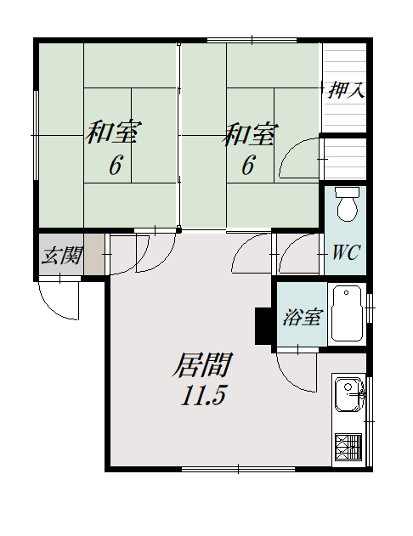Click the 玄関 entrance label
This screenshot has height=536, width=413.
tap(61, 254)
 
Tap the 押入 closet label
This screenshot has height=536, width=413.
tap(347, 91)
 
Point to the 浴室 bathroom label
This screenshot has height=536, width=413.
tap(302, 318)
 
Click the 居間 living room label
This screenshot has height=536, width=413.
tap(202, 365)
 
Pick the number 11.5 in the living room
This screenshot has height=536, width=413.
tap(202, 396)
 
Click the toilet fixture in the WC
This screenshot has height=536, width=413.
tap(346, 204)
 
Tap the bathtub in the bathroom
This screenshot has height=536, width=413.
tap(347, 313)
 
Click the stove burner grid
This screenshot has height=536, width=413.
tap(348, 447)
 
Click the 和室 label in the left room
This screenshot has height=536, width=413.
tap(114, 133)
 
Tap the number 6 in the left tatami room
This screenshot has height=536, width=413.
tap(115, 166)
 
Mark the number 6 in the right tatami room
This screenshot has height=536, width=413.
tap(247, 166)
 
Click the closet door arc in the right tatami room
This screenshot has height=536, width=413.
tap(299, 157)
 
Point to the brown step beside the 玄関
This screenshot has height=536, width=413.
tap(95, 253)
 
